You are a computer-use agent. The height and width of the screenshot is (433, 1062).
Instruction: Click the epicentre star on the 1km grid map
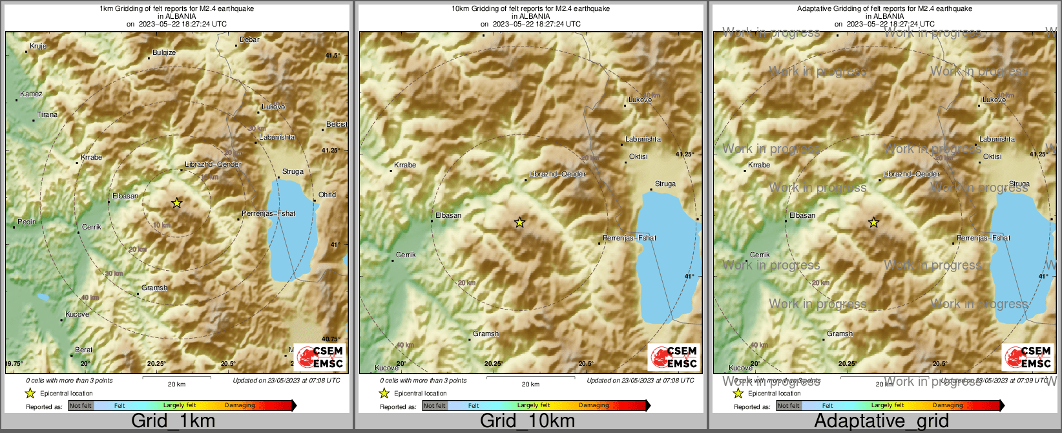(176, 203)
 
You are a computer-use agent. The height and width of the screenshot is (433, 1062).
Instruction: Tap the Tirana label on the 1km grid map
(47, 114)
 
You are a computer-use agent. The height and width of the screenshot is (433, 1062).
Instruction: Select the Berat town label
(83, 350)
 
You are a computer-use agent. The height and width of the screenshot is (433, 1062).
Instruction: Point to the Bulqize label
(164, 52)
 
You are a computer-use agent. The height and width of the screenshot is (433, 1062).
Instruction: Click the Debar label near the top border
(249, 39)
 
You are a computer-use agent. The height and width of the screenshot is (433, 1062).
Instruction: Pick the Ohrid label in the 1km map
(328, 195)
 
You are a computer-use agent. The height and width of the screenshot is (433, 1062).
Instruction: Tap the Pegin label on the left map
(26, 222)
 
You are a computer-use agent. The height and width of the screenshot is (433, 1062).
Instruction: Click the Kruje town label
(38, 46)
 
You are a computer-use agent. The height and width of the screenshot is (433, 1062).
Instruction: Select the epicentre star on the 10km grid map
(519, 222)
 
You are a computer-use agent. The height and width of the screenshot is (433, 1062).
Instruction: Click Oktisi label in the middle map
(638, 156)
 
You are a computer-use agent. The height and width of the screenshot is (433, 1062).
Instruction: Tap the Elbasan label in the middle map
(448, 215)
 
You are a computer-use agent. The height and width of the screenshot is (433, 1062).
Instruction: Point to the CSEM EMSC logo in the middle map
(674, 357)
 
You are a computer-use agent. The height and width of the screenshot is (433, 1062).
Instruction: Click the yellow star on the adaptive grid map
(873, 222)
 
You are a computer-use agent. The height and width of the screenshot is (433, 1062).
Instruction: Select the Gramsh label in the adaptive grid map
(840, 333)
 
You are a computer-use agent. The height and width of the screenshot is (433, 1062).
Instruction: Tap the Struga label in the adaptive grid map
(1019, 184)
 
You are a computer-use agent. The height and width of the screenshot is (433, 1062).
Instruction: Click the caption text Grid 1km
(172, 421)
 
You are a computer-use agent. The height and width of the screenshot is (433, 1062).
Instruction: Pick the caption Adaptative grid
(881, 421)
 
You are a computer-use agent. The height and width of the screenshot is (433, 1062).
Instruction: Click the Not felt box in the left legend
(81, 406)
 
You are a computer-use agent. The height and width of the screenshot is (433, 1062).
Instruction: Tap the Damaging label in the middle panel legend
(594, 405)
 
